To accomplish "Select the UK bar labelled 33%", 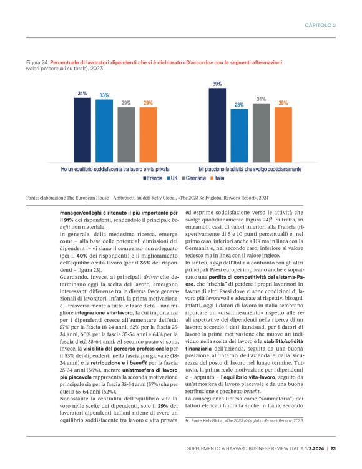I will pyautogui.click(x=104, y=131).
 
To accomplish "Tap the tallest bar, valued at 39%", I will pyautogui.click(x=217, y=125).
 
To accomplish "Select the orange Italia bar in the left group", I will pyautogui.click(x=148, y=135).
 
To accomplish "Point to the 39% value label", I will pyautogui.click(x=217, y=84).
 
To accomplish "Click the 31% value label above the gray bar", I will pyautogui.click(x=262, y=99).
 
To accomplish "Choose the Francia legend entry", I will pyautogui.click(x=156, y=178).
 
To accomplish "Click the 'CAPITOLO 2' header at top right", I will pyautogui.click(x=321, y=25).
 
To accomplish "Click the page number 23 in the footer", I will pyautogui.click(x=333, y=448).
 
